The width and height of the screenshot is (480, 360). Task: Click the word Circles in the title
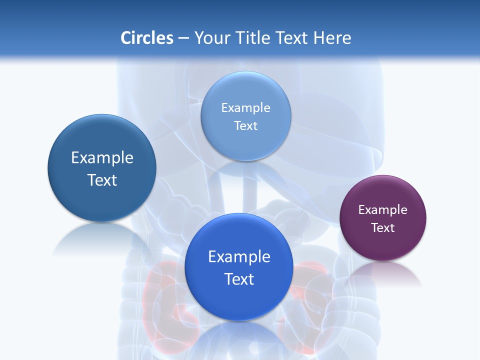pos(147,38)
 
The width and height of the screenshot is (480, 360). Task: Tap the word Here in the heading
pos(332,38)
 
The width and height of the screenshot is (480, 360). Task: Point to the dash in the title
pos(183,38)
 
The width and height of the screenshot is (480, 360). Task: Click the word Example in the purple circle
pos(383,210)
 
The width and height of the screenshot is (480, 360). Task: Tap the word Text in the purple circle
pos(383,228)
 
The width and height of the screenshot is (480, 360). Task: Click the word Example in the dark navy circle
pos(102,158)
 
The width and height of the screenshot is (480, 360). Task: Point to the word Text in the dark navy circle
pos(102,180)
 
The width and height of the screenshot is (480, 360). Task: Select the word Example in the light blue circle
pos(246,108)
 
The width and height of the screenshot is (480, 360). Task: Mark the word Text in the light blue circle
pos(246,126)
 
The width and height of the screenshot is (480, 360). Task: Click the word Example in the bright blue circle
pos(239,257)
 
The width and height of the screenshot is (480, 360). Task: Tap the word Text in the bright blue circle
pos(239,279)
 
